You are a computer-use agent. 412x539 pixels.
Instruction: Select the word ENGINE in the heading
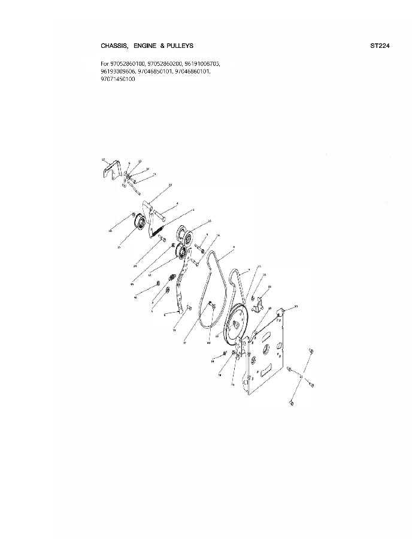[147, 46]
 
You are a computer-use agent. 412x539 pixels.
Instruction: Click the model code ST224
[381, 46]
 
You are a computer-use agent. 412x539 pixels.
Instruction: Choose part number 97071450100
[118, 78]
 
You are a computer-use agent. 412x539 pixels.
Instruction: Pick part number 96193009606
[117, 71]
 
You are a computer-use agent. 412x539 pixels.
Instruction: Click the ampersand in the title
[163, 46]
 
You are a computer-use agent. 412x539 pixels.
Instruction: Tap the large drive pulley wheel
[238, 323]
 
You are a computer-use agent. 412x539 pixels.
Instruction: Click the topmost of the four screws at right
[310, 350]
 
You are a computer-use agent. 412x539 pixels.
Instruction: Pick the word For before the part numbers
[105, 63]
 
